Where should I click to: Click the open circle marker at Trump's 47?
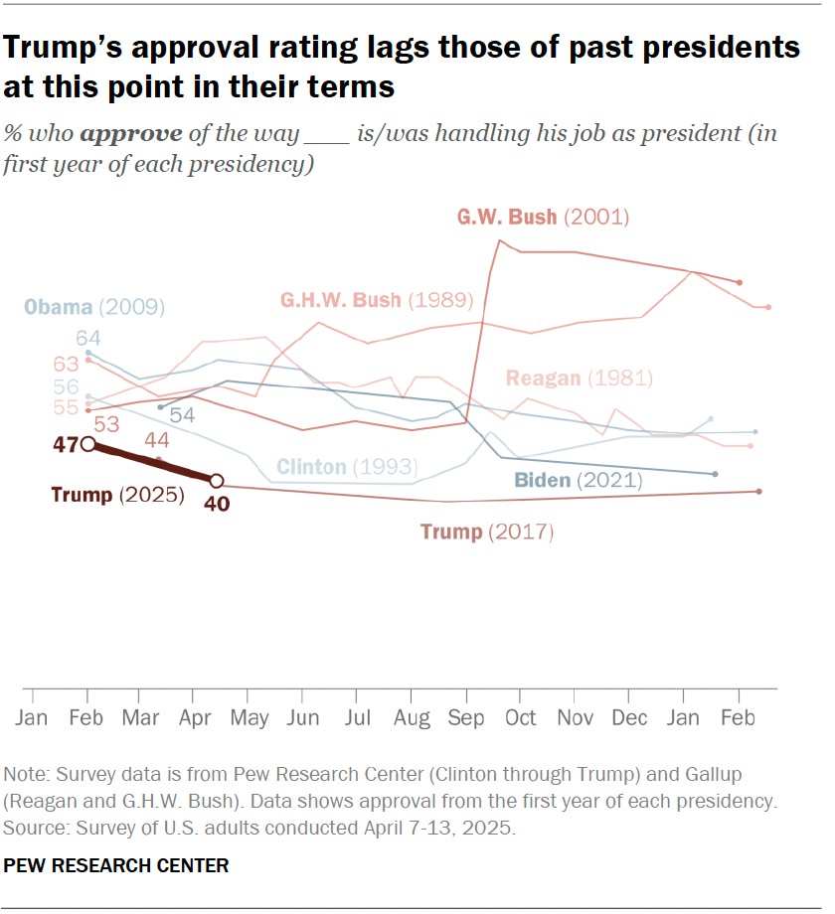(88, 444)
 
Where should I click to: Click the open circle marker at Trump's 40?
(217, 480)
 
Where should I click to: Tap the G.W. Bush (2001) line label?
(543, 217)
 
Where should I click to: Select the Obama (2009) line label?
(94, 306)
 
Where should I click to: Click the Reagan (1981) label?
(579, 378)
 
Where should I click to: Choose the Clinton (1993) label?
(345, 466)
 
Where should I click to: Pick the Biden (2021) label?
(578, 481)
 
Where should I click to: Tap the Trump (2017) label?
(486, 532)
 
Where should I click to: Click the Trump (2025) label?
(116, 495)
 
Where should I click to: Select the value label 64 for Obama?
(101, 339)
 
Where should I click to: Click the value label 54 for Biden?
(182, 414)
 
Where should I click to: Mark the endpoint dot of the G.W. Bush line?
(739, 282)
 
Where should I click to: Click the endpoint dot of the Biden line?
(715, 474)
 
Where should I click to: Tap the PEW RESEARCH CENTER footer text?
(116, 865)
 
